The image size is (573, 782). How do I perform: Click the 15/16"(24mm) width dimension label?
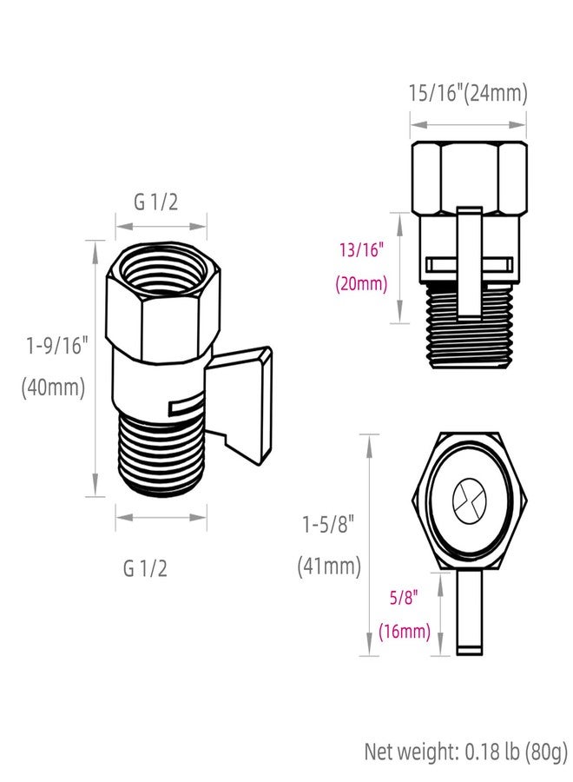tap(468, 93)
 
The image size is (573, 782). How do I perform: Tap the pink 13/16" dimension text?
tap(361, 251)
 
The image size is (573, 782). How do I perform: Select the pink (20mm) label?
tap(361, 283)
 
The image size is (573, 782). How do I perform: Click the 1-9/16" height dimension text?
tap(56, 345)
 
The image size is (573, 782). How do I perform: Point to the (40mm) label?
tap(54, 388)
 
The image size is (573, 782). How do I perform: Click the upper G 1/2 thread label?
tap(156, 202)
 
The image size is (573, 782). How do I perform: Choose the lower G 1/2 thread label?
tap(145, 569)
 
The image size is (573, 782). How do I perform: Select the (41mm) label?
tap(329, 567)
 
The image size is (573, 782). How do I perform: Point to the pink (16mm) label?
tap(404, 632)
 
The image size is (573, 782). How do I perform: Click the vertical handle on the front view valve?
tap(469, 261)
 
